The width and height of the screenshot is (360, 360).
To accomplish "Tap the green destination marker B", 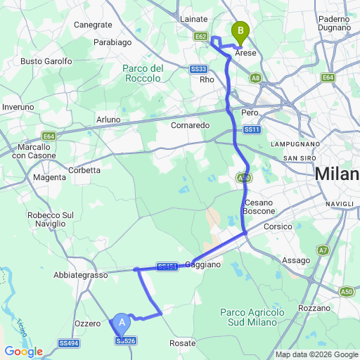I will click(x=241, y=32).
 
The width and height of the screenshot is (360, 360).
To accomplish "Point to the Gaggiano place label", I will click(x=203, y=264).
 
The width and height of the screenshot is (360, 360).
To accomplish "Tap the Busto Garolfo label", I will click(x=46, y=61).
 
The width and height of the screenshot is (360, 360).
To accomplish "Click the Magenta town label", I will click(x=49, y=177).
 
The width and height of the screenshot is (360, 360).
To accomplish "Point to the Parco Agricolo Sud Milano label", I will click(x=252, y=317).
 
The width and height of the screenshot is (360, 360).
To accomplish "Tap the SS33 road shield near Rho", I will click(x=198, y=69).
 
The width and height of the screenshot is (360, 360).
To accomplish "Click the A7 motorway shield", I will click(x=323, y=250).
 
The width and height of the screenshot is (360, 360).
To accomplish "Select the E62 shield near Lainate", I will click(x=201, y=36).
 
